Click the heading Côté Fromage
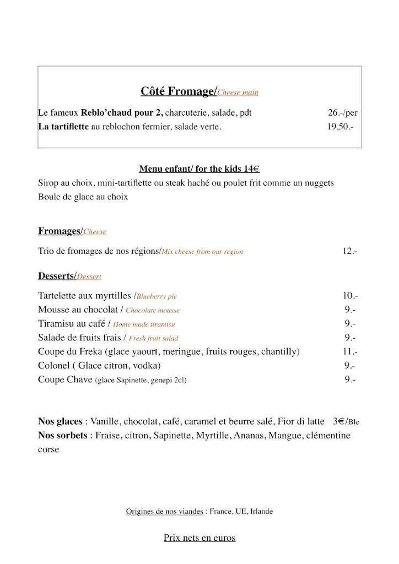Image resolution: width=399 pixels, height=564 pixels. point(179,91)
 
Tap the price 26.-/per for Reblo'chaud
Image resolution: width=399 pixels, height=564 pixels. point(342,113)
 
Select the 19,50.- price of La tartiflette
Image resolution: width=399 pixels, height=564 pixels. point(340,127)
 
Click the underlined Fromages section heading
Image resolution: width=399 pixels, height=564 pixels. point(60,231)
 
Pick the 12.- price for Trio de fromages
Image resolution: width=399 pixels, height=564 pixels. point(349,251)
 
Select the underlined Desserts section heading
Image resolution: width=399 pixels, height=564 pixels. point(57,276)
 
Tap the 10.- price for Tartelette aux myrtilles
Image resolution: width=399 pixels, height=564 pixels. point(350,296)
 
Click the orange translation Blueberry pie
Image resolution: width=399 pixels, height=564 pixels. point(157,296)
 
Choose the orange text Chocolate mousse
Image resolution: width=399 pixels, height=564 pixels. point(153,310)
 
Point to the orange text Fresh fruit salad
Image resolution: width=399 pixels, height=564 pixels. point(153,338)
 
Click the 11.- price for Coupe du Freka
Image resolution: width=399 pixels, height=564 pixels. point(350,351)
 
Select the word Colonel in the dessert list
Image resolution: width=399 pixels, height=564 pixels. point(53,365)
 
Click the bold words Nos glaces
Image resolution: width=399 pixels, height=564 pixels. point(60,422)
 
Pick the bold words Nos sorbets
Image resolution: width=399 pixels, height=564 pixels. point(62,436)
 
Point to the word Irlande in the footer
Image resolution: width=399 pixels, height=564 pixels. point(261,512)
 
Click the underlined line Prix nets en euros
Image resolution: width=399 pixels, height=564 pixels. point(199,538)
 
